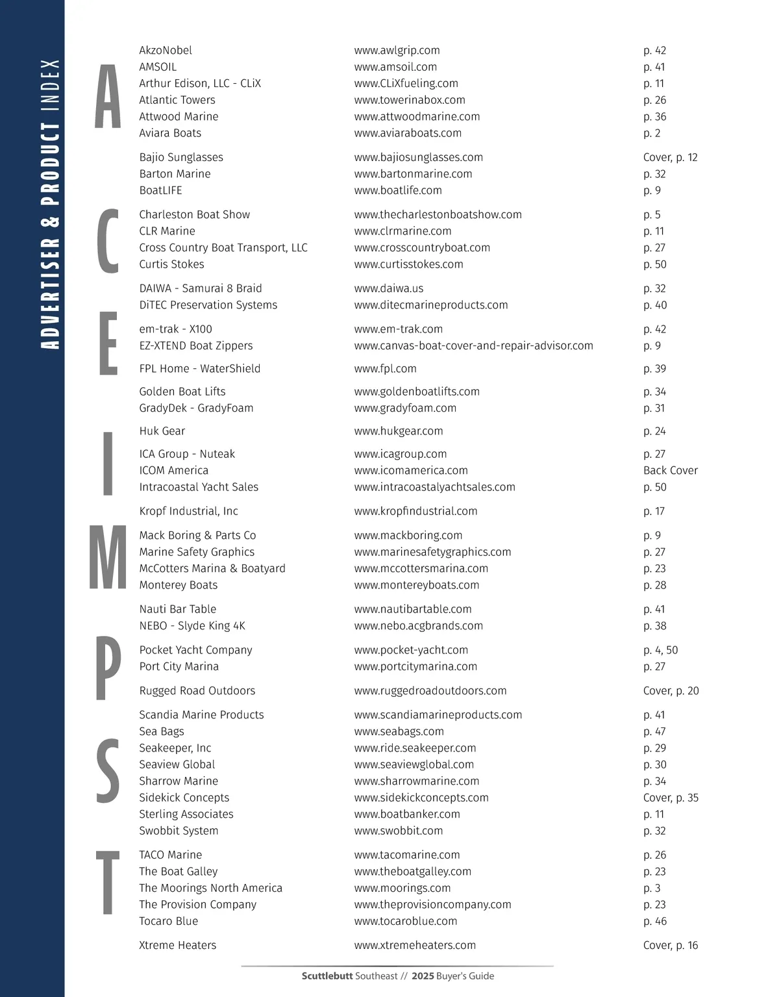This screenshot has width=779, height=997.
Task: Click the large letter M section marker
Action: pyautogui.click(x=108, y=557)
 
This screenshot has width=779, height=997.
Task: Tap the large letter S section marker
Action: pyautogui.click(x=108, y=771)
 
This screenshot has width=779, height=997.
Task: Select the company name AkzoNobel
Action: pyautogui.click(x=166, y=51)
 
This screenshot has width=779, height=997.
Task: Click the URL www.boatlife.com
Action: pyautogui.click(x=398, y=190)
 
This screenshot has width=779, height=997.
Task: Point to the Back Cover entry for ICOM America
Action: pyautogui.click(x=671, y=470)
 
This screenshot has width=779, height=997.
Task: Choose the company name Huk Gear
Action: pyautogui.click(x=162, y=431)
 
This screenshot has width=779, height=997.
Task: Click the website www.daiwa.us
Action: pyautogui.click(x=389, y=288)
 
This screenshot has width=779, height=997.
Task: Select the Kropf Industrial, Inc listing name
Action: pyautogui.click(x=188, y=511)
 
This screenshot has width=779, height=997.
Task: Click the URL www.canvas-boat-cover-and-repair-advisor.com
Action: pyautogui.click(x=474, y=346)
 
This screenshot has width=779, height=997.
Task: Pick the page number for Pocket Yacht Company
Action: pyautogui.click(x=661, y=650)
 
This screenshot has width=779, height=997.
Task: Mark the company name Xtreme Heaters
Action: pyautogui.click(x=178, y=945)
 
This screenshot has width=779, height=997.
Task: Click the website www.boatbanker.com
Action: pyautogui.click(x=407, y=814)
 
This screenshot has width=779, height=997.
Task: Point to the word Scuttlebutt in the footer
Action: pyautogui.click(x=327, y=976)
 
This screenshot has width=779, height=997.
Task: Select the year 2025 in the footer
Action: pyautogui.click(x=423, y=976)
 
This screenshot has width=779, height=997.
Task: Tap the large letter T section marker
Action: pyautogui.click(x=108, y=883)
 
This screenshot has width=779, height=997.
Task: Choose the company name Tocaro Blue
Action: pyautogui.click(x=169, y=921)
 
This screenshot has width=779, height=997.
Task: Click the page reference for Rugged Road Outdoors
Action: pyautogui.click(x=671, y=691)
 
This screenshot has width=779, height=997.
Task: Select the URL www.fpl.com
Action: pyautogui.click(x=386, y=369)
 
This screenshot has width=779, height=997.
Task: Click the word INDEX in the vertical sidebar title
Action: pyautogui.click(x=51, y=84)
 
